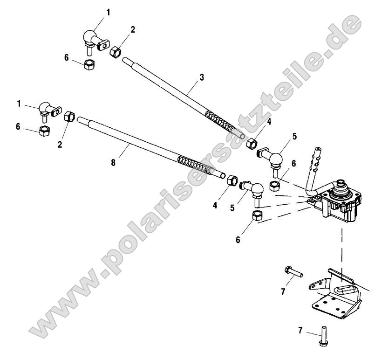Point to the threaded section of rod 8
(x=196, y=163)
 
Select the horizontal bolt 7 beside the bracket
(x=292, y=270)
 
